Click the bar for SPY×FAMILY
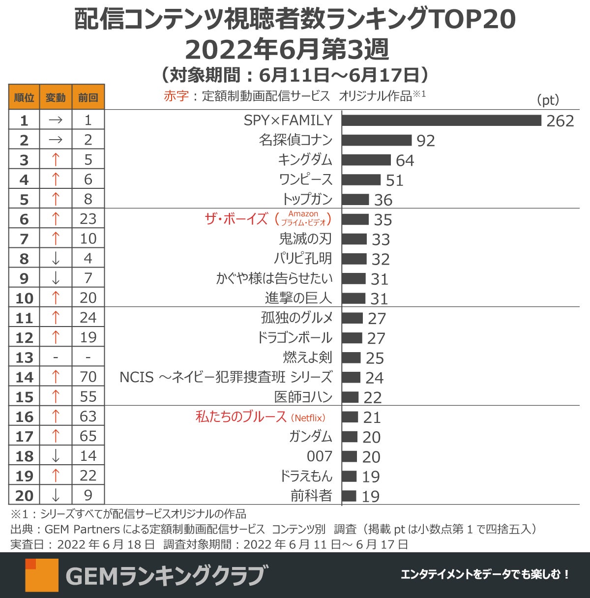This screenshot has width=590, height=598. coord(441,120)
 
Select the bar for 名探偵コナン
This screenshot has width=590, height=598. coord(377,140)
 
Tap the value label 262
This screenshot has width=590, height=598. coord(560,121)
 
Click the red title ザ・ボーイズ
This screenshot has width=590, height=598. coord(236,219)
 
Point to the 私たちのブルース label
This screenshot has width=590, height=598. coord(241,417)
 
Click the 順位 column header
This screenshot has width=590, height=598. coord(24,97)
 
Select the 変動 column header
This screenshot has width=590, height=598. coord(56,97)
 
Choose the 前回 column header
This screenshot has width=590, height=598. coord(88,97)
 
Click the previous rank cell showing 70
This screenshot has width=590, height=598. coord(88,377)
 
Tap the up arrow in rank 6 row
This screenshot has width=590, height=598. coord(56,219)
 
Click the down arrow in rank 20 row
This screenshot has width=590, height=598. coord(56,495)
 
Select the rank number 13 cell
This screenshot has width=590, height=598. coord(24,358)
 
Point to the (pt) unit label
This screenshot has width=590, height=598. coord(548,100)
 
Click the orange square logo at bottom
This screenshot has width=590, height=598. coord(42,575)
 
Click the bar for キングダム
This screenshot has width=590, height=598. coord(366,160)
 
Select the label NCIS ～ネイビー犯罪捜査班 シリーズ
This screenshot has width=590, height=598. coord(226,377)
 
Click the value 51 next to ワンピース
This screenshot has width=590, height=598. coord(394,180)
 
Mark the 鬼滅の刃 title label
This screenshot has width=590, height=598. coord(305,239)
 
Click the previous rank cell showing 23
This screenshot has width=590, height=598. coord(88,219)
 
